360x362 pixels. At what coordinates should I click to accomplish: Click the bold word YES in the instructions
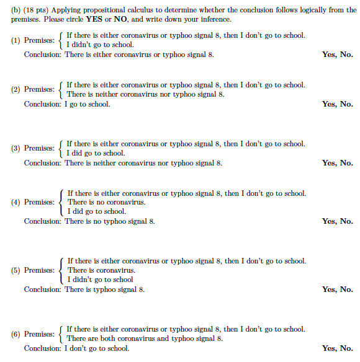tap(96, 19)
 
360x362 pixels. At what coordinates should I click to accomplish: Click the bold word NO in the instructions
tap(121, 19)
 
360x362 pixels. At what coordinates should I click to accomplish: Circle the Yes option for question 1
tap(329, 55)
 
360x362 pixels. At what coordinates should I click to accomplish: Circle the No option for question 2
tap(347, 104)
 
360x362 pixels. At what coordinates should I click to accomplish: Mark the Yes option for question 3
tap(329, 163)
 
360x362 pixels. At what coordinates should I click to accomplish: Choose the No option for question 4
tap(347, 221)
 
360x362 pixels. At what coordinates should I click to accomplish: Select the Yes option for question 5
tap(329, 289)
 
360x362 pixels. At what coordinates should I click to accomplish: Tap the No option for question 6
tap(347, 348)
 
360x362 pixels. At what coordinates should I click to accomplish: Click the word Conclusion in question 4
tap(43, 221)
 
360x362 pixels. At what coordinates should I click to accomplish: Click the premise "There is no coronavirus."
tap(106, 202)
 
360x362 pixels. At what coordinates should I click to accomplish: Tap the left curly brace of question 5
tap(61, 270)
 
